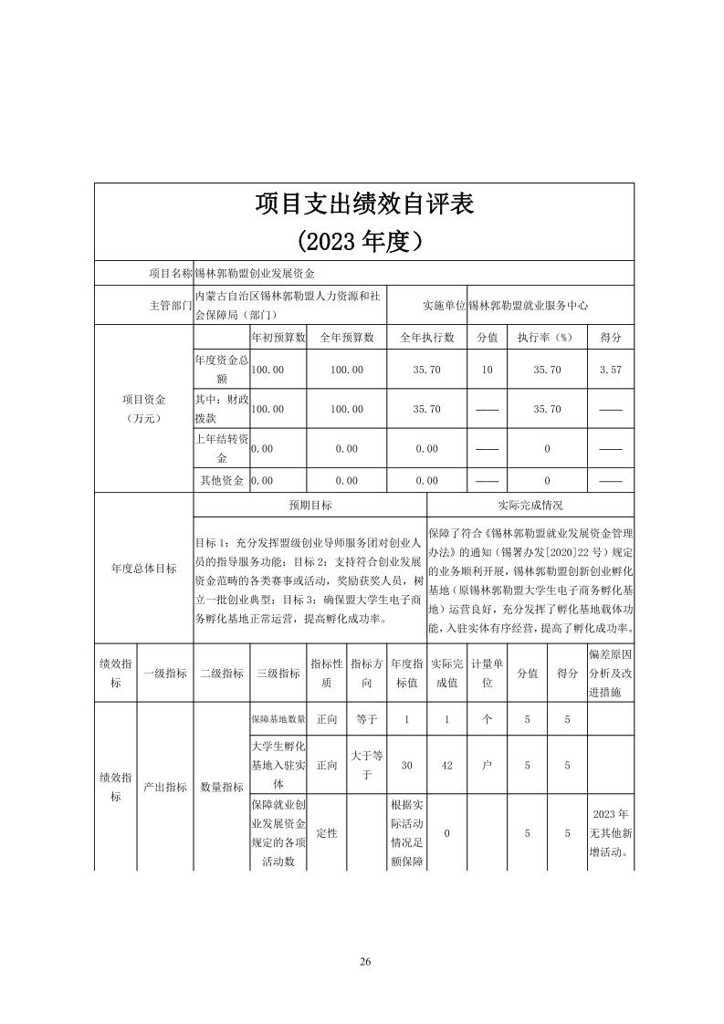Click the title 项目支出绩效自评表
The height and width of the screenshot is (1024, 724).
point(363,204)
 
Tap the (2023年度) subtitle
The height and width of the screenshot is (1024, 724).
point(363,240)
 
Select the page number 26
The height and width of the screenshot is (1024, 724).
point(365,961)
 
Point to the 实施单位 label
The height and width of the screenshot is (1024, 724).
point(445,306)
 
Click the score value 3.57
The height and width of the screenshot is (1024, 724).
point(610,370)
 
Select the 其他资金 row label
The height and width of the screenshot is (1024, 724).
point(222,480)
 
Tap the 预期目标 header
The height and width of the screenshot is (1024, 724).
point(310,505)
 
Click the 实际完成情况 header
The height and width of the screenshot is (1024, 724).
point(530,505)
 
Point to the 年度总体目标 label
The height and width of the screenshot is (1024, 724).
point(144,568)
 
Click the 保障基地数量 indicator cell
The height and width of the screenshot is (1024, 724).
point(278,719)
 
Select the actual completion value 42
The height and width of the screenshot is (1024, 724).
point(446,765)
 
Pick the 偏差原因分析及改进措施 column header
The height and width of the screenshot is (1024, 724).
point(611,674)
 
